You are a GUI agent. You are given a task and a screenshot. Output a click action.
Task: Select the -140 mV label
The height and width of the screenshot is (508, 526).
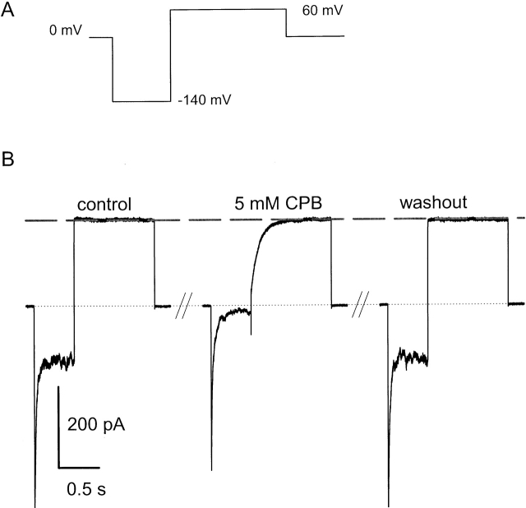click(x=204, y=101)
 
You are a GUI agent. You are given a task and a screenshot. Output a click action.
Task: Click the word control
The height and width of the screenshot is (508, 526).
click(x=104, y=204)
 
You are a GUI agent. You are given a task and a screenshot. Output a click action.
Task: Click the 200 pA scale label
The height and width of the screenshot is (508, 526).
click(x=95, y=426)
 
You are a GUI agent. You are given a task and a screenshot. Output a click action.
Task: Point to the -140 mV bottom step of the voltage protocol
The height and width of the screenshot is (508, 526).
click(x=141, y=102)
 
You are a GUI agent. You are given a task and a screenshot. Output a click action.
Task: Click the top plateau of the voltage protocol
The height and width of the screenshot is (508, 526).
click(x=228, y=10)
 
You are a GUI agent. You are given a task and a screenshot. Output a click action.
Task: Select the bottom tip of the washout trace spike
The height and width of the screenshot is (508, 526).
click(x=389, y=503)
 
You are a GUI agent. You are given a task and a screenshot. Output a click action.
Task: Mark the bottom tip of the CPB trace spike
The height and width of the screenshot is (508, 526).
click(x=212, y=469)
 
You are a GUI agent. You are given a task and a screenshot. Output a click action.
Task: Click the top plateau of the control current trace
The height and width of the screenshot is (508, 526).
click(x=113, y=219)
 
